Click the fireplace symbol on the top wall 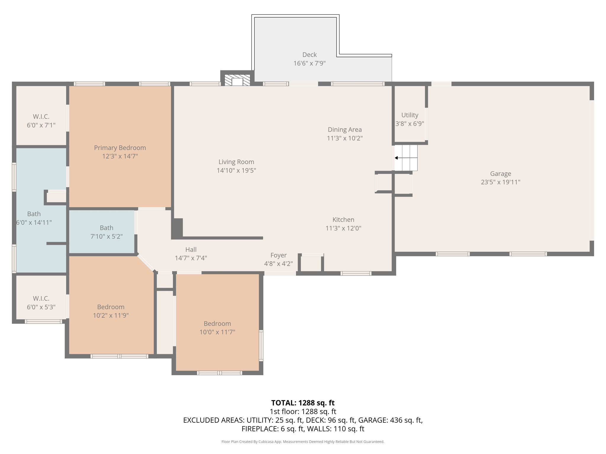237,80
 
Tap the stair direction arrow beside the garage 397,158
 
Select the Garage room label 500,174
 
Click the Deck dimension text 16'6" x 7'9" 310,63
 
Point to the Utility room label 410,115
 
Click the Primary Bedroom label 120,147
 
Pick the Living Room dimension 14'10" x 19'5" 236,170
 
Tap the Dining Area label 344,129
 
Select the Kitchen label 343,220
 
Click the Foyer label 278,255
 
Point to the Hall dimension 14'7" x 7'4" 191,258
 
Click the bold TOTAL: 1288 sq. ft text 303,403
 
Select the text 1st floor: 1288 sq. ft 303,411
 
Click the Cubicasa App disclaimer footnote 303,442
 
